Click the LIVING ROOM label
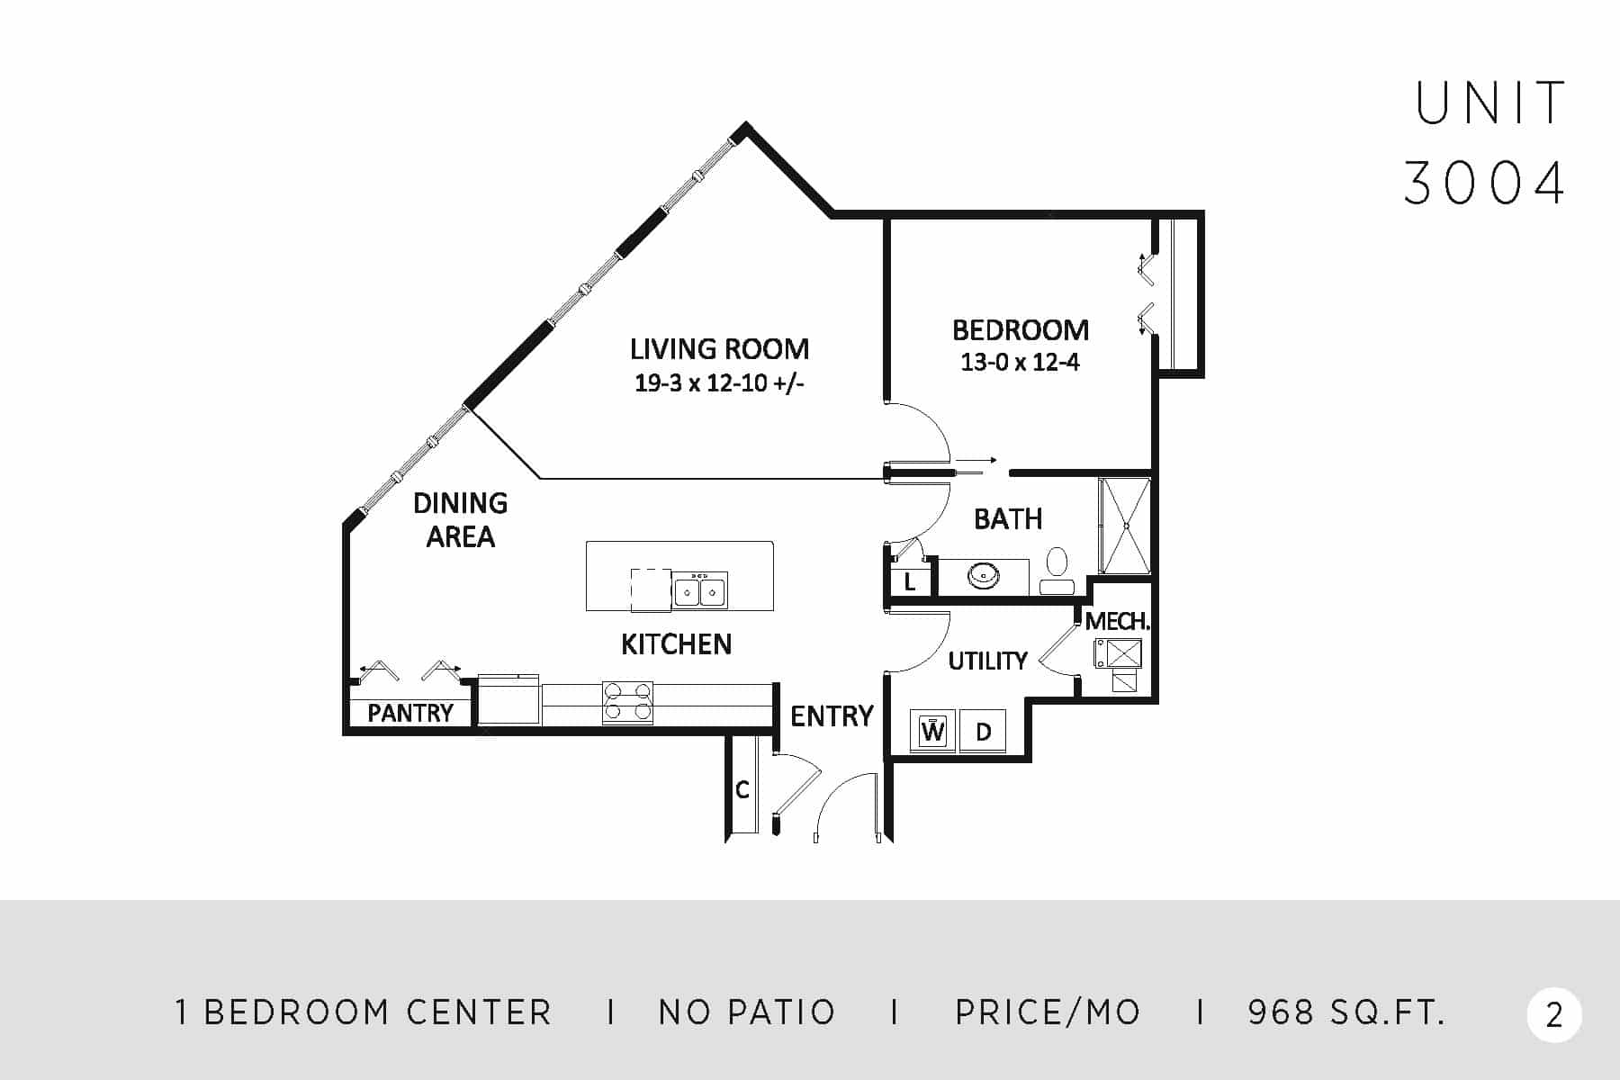719,349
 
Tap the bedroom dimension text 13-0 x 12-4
1020,363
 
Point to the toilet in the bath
1057,571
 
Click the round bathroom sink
985,574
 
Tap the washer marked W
933,731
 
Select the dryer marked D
983,731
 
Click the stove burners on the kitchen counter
627,702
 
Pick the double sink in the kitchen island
699,591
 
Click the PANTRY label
410,713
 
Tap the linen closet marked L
910,582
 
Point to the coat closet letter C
742,790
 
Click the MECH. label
1117,621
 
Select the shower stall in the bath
1125,526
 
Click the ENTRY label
832,716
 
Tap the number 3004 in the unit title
1485,183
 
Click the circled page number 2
1554,1015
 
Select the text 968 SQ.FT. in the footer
1346,1012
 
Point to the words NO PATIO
747,1012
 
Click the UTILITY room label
987,661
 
